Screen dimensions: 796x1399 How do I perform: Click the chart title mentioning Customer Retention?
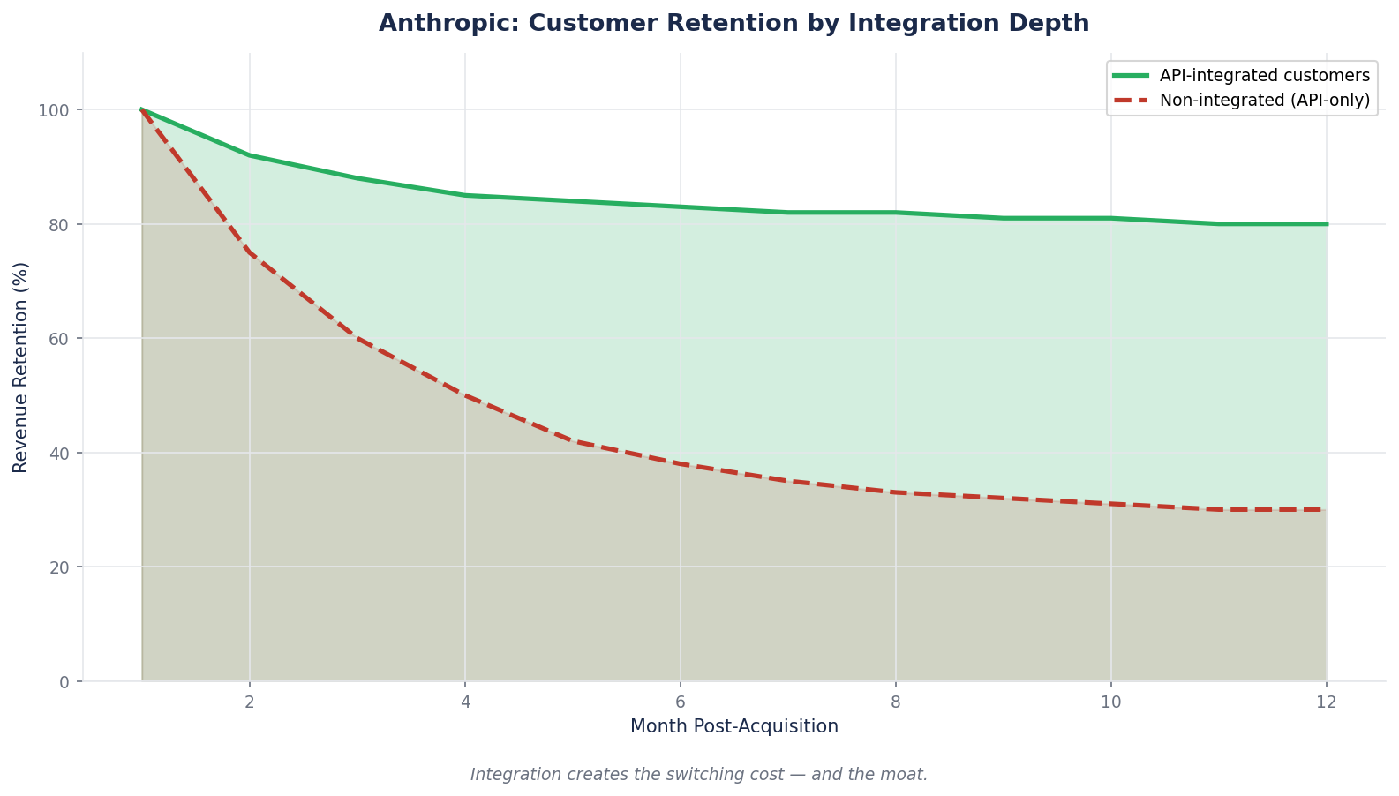pos(733,24)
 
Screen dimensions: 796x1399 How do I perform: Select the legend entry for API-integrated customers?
pos(1264,75)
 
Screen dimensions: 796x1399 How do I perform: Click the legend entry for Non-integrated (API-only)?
pos(1264,101)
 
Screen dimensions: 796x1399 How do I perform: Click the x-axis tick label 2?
pos(250,702)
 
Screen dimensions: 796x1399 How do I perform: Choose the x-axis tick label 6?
pos(681,702)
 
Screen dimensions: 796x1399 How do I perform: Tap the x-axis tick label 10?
pos(1110,702)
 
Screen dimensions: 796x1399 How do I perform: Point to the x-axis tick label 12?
pos(1326,702)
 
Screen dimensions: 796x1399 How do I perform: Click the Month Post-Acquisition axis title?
pos(733,727)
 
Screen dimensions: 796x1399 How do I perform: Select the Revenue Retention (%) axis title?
pos(21,367)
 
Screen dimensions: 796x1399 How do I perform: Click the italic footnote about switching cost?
pos(698,775)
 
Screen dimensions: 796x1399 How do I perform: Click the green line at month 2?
pos(250,155)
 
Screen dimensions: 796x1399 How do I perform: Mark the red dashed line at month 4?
pos(465,395)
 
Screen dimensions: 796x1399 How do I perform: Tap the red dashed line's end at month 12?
pos(1326,509)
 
